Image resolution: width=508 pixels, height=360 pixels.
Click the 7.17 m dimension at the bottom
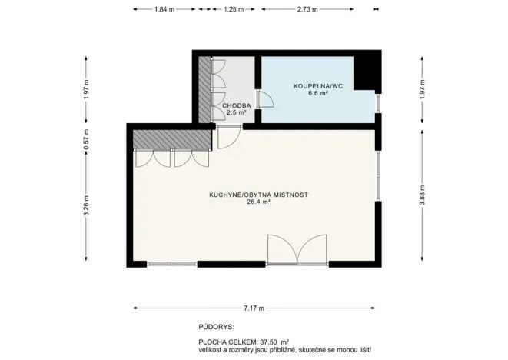pyautogui.click(x=254, y=308)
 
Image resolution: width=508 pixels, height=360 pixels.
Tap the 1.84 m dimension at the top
pyautogui.click(x=164, y=10)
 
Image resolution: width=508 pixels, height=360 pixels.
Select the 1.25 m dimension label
pyautogui.click(x=234, y=10)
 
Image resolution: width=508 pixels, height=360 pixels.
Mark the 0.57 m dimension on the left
pyautogui.click(x=86, y=137)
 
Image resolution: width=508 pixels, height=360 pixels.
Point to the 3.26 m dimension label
pyautogui.click(x=86, y=207)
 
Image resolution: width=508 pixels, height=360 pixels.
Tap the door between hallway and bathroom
pyautogui.click(x=265, y=100)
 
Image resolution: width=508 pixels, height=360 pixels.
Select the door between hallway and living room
pyautogui.click(x=227, y=138)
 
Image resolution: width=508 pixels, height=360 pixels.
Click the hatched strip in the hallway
pyautogui.click(x=204, y=88)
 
